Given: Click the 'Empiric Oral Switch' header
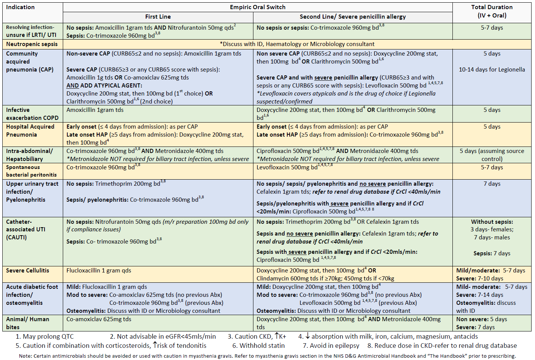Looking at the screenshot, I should pos(258,7).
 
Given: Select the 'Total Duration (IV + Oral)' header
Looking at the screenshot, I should pos(492,11).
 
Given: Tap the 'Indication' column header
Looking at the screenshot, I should pos(21,7).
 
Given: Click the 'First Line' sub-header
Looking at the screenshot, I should pos(158,17).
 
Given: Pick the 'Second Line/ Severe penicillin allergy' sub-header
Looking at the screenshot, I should pos(353,17).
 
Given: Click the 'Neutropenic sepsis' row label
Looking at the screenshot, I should pos(32,44).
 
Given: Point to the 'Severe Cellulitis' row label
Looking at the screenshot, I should pos(28,271).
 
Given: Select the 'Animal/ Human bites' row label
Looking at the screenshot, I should pos(27,323).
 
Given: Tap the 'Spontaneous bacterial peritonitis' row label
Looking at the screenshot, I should pos(31,171).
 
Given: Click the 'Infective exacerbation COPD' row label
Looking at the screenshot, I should pos(32,114).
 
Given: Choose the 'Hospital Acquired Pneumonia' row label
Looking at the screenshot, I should pos(30,131).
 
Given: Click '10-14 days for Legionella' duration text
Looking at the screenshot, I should pos(492,70).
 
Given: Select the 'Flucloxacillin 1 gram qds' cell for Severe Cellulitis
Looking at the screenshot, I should pos(99,271).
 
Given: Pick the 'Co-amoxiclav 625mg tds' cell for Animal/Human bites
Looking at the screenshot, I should pos(99,319).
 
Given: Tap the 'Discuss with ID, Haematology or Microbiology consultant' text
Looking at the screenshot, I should pos(297,44).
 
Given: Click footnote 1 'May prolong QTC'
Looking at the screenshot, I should pos(45,336).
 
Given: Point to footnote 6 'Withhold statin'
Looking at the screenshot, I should pos(258,346).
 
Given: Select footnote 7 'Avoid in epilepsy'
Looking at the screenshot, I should pos(331,346).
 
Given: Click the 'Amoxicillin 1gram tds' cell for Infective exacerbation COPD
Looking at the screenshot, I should pos(95,110).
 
